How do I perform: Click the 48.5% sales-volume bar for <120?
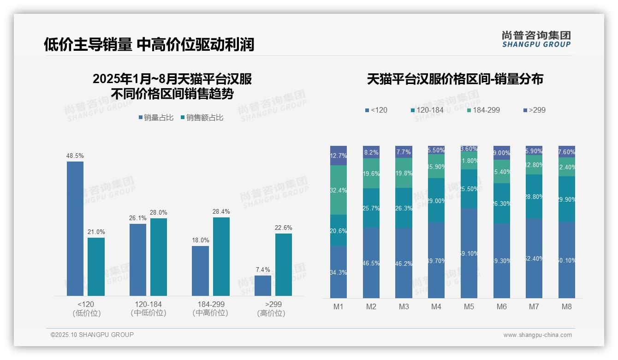point(75,228)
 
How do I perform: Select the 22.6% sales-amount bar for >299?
point(284,264)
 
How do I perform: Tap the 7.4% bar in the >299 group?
point(263,286)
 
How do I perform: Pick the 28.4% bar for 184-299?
point(221,257)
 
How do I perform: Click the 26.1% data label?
point(138,218)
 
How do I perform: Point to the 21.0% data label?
point(96,232)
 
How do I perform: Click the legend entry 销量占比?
point(156,118)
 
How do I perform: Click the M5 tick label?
point(469,307)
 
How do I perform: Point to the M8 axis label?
point(567,307)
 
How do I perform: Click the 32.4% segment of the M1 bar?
point(339,190)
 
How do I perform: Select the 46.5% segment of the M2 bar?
point(371,263)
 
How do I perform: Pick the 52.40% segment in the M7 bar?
point(534,258)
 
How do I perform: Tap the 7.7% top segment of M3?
point(404,152)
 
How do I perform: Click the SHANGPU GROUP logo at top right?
point(536,39)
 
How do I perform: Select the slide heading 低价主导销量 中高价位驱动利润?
point(149,44)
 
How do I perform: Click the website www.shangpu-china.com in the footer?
point(537,335)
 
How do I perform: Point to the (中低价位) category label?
point(148,313)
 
